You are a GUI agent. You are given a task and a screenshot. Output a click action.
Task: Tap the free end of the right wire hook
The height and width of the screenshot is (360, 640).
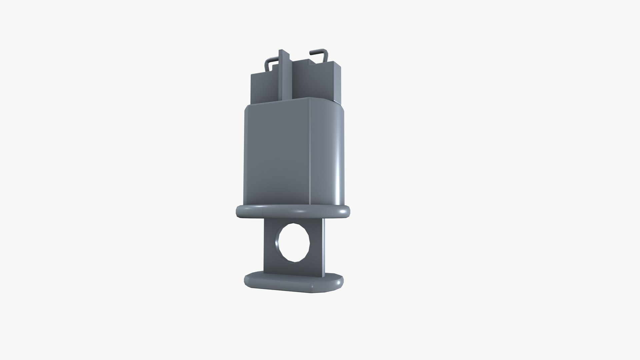[311, 52]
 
